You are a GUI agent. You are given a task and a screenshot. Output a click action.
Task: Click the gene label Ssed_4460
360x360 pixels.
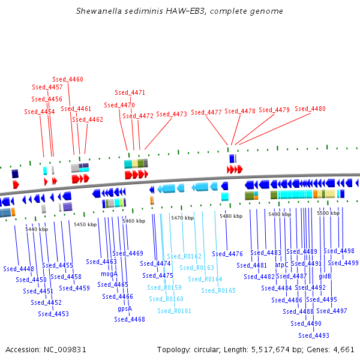(68, 79)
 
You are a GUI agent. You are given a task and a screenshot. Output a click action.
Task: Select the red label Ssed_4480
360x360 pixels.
(310, 109)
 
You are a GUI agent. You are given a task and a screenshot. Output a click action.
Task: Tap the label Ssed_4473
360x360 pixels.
(172, 114)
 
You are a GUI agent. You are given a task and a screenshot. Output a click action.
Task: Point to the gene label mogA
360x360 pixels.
(109, 274)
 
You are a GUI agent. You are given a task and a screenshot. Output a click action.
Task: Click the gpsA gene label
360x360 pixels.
(125, 308)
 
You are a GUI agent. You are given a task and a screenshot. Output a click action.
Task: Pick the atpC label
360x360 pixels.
(281, 264)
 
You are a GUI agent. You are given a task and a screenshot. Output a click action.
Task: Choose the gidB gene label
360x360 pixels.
(325, 277)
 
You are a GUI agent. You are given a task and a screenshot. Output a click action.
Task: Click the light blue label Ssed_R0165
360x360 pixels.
(218, 290)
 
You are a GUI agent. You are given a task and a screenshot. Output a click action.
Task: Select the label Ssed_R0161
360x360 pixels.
(175, 311)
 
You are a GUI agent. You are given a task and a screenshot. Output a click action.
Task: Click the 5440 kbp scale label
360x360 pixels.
(36, 229)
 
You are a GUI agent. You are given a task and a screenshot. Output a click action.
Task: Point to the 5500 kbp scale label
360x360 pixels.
(328, 213)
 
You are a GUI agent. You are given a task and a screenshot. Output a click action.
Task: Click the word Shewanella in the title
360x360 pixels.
(99, 11)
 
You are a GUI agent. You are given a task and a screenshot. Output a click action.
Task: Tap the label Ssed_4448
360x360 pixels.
(19, 269)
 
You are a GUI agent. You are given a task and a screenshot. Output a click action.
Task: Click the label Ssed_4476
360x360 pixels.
(227, 254)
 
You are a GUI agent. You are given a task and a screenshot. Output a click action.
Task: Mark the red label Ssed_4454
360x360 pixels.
(40, 112)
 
